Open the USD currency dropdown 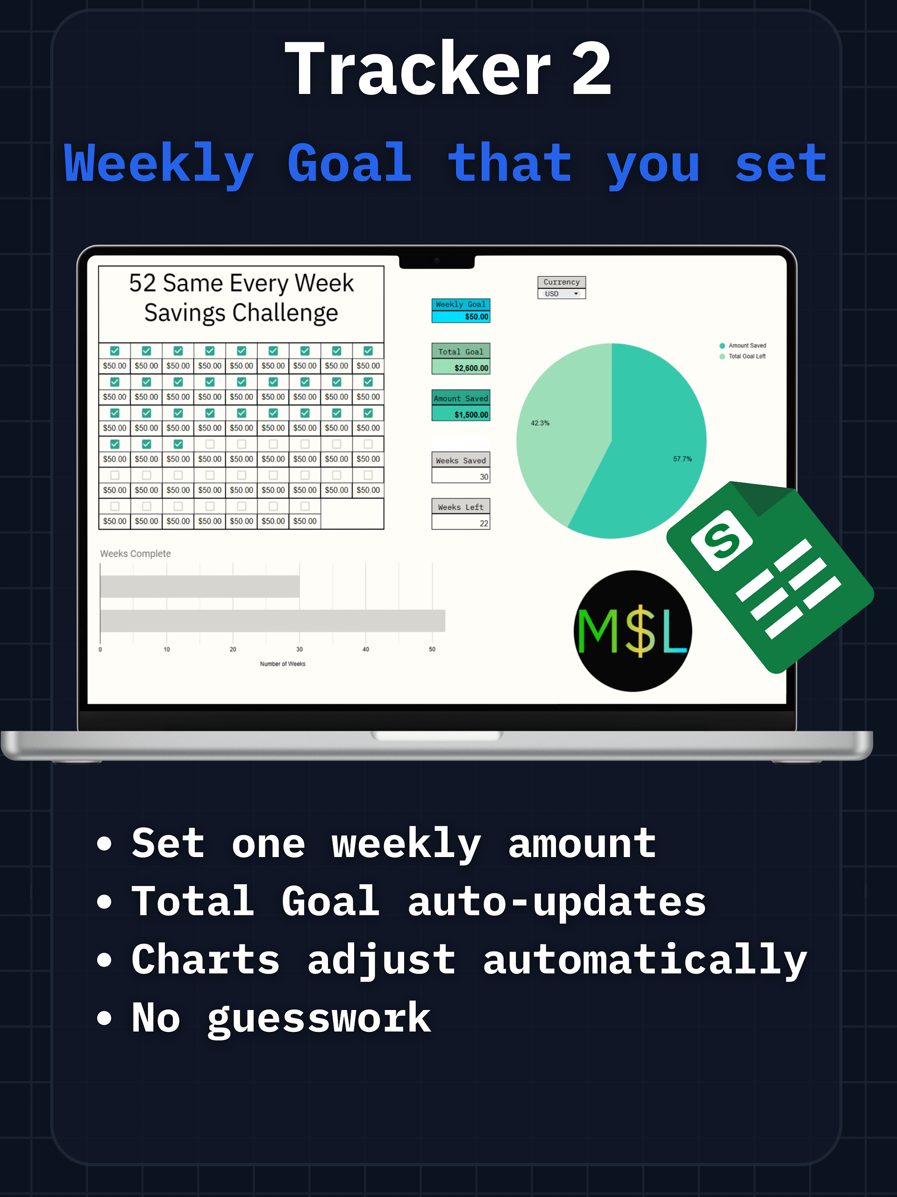pos(561,294)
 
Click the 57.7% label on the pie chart pos(682,459)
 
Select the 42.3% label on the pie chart pos(540,423)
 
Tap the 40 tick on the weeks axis pos(365,649)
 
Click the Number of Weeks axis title pos(282,664)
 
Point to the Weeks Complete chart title pos(135,554)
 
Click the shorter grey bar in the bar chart pos(199,587)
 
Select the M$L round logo pos(633,631)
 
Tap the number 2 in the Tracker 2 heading pos(591,69)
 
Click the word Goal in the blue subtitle pos(349,164)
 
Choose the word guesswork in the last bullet pos(319,1018)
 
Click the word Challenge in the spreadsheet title pos(285,313)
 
